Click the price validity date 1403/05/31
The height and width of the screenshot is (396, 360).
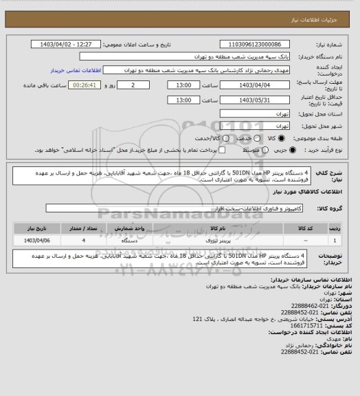tap(254, 100)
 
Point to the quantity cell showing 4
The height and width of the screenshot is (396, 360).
tap(84, 241)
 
